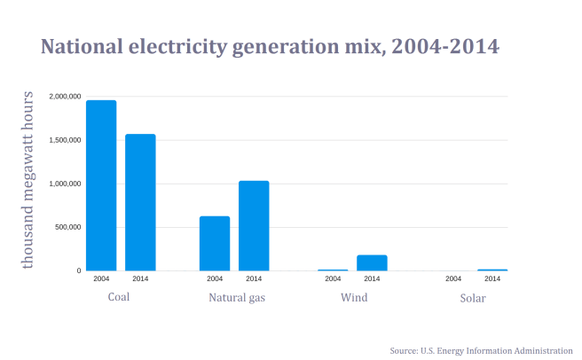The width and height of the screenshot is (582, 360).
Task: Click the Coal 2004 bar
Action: point(101,185)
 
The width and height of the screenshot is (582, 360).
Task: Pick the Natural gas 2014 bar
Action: point(254,225)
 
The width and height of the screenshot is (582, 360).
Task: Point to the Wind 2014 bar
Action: point(372,262)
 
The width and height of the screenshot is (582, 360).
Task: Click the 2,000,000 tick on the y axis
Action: point(66,96)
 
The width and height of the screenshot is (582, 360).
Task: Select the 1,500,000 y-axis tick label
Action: point(66,140)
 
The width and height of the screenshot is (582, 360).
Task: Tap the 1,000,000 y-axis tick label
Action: point(66,184)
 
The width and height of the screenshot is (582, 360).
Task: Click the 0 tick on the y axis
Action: point(79,270)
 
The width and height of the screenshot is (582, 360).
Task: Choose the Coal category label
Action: point(119,297)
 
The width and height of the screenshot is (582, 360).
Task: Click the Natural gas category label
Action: point(237,297)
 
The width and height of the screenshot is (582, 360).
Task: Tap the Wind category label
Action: point(354,297)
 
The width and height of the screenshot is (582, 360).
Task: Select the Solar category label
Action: point(473,298)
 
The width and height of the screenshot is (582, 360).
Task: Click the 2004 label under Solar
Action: point(452,279)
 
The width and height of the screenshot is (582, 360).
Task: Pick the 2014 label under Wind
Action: point(372,279)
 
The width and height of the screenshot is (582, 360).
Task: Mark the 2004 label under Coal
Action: point(101,279)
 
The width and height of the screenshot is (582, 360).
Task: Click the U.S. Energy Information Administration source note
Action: point(481,351)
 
